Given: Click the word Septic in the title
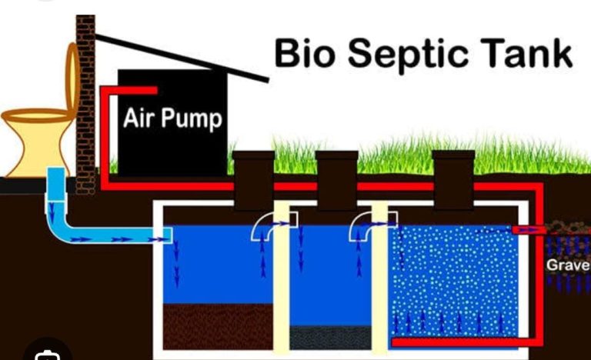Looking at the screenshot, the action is tap(408, 55).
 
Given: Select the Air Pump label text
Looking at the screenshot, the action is tap(172, 118).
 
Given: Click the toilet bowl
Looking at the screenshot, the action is tap(38, 142).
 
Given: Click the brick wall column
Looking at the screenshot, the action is tap(85, 105).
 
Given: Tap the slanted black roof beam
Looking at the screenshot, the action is tap(182, 58).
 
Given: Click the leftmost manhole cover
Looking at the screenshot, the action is tap(253, 180).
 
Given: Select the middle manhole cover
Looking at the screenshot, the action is tap(337, 180).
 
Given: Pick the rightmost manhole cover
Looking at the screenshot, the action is tap(453, 180).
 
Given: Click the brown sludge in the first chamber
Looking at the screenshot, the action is tap(218, 326).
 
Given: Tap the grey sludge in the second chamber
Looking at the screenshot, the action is tap(330, 338).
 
